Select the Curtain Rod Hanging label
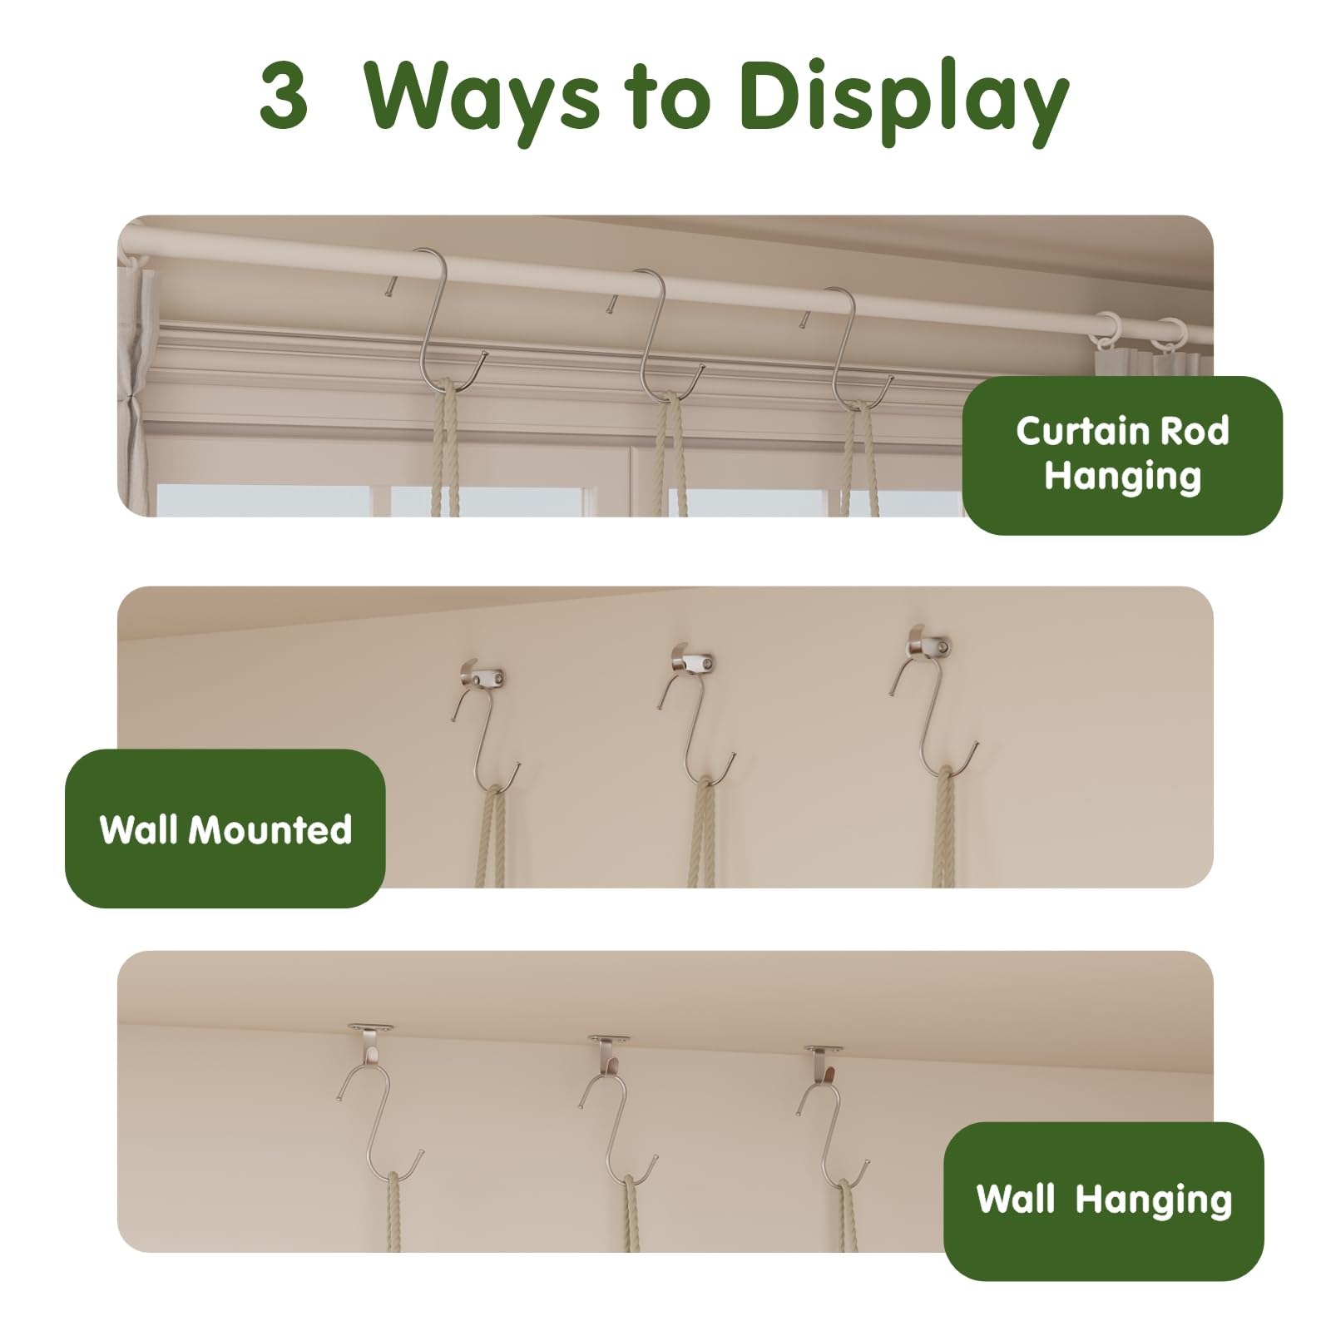tap(1122, 455)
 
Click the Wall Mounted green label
tap(225, 829)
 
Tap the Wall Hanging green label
tap(1104, 1200)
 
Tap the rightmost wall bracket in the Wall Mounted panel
tap(929, 642)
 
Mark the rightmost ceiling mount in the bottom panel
tap(823, 1060)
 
